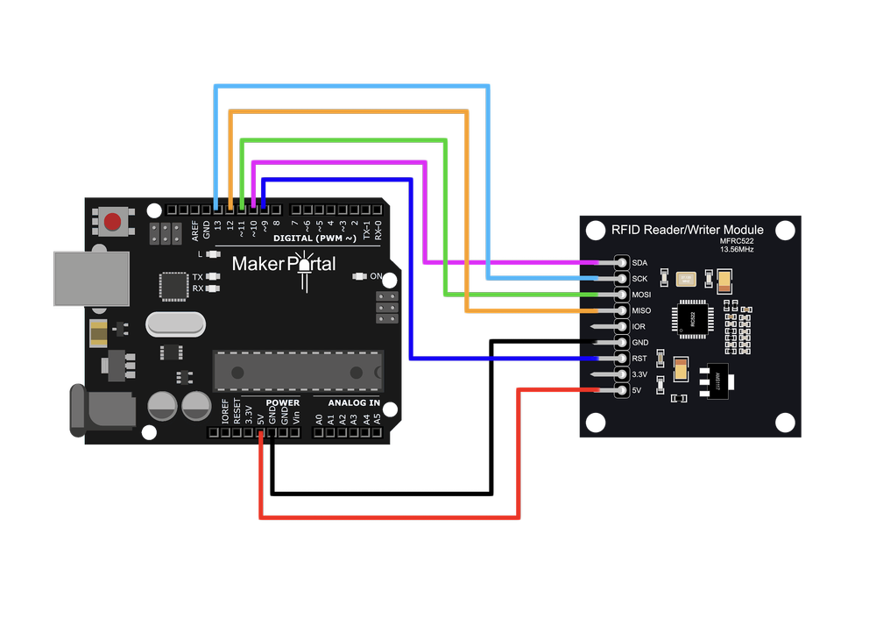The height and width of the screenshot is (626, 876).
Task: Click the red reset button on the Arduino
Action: (x=112, y=222)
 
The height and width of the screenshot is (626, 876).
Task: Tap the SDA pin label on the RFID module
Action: (x=639, y=263)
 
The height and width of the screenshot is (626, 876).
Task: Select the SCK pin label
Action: (x=640, y=279)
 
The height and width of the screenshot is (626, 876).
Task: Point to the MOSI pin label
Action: (x=641, y=295)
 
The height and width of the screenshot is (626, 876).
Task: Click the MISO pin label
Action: (x=641, y=310)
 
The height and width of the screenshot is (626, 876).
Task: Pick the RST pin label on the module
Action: (x=639, y=358)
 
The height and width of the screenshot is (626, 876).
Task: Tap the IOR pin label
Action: (x=639, y=326)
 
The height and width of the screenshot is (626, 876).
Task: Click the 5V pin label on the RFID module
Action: (x=638, y=389)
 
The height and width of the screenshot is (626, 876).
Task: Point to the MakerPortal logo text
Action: (x=283, y=263)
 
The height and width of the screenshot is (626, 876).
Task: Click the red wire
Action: (x=390, y=518)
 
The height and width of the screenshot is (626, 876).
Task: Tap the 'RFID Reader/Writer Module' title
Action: (x=687, y=230)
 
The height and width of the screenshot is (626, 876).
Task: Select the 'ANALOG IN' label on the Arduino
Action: (x=354, y=403)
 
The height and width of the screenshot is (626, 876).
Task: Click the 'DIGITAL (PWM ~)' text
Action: (x=314, y=238)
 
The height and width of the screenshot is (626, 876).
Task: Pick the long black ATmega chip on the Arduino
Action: (x=299, y=371)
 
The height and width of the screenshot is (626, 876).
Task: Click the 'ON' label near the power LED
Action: (x=376, y=277)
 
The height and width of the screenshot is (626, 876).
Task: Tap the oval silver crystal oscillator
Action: (x=175, y=325)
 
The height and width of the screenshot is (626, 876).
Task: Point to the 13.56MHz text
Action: (x=737, y=249)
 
